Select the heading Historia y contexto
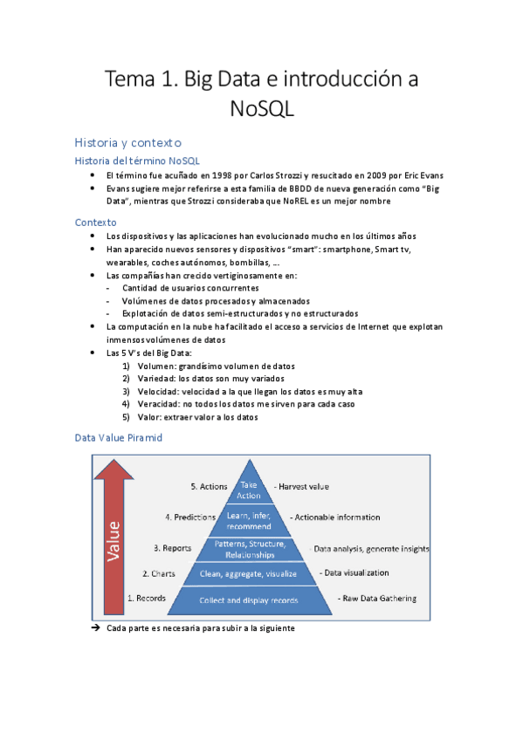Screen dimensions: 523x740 [x=127, y=141]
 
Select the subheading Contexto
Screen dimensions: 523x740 [x=96, y=222]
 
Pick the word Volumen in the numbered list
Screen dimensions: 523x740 [x=156, y=366]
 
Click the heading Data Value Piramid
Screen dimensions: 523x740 [x=118, y=438]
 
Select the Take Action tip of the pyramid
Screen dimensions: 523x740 [x=249, y=490]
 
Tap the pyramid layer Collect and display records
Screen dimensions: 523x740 [x=249, y=600]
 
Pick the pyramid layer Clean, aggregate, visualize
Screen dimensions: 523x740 [x=249, y=573]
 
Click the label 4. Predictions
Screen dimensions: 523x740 [x=189, y=517]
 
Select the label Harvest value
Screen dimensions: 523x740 [x=301, y=486]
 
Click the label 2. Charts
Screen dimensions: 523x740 [x=159, y=573]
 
